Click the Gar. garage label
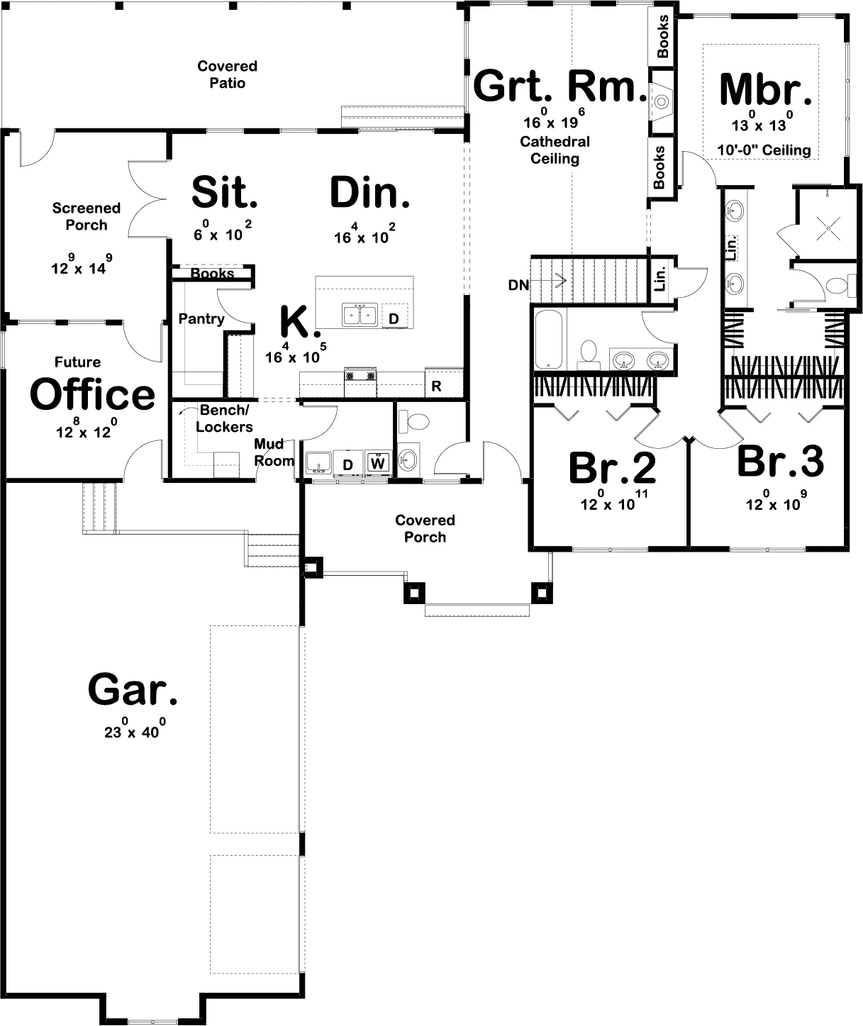pos(133,690)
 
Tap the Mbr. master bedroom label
pos(765,89)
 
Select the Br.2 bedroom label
pos(612,467)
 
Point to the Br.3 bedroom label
pos(780,461)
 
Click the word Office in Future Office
pos(92,394)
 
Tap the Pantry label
pos(201,319)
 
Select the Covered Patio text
pos(227,74)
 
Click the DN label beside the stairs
pos(518,285)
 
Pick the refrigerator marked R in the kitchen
pos(436,386)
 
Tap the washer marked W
pos(378,464)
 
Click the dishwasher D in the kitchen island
pos(394,319)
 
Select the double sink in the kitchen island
pos(360,314)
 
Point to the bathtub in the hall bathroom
pos(549,338)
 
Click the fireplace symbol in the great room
pos(661,101)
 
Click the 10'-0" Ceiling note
pos(764,150)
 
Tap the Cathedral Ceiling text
pos(555,150)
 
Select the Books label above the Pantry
pos(212,274)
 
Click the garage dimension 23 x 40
pos(135,731)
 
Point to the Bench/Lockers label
pos(223,418)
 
